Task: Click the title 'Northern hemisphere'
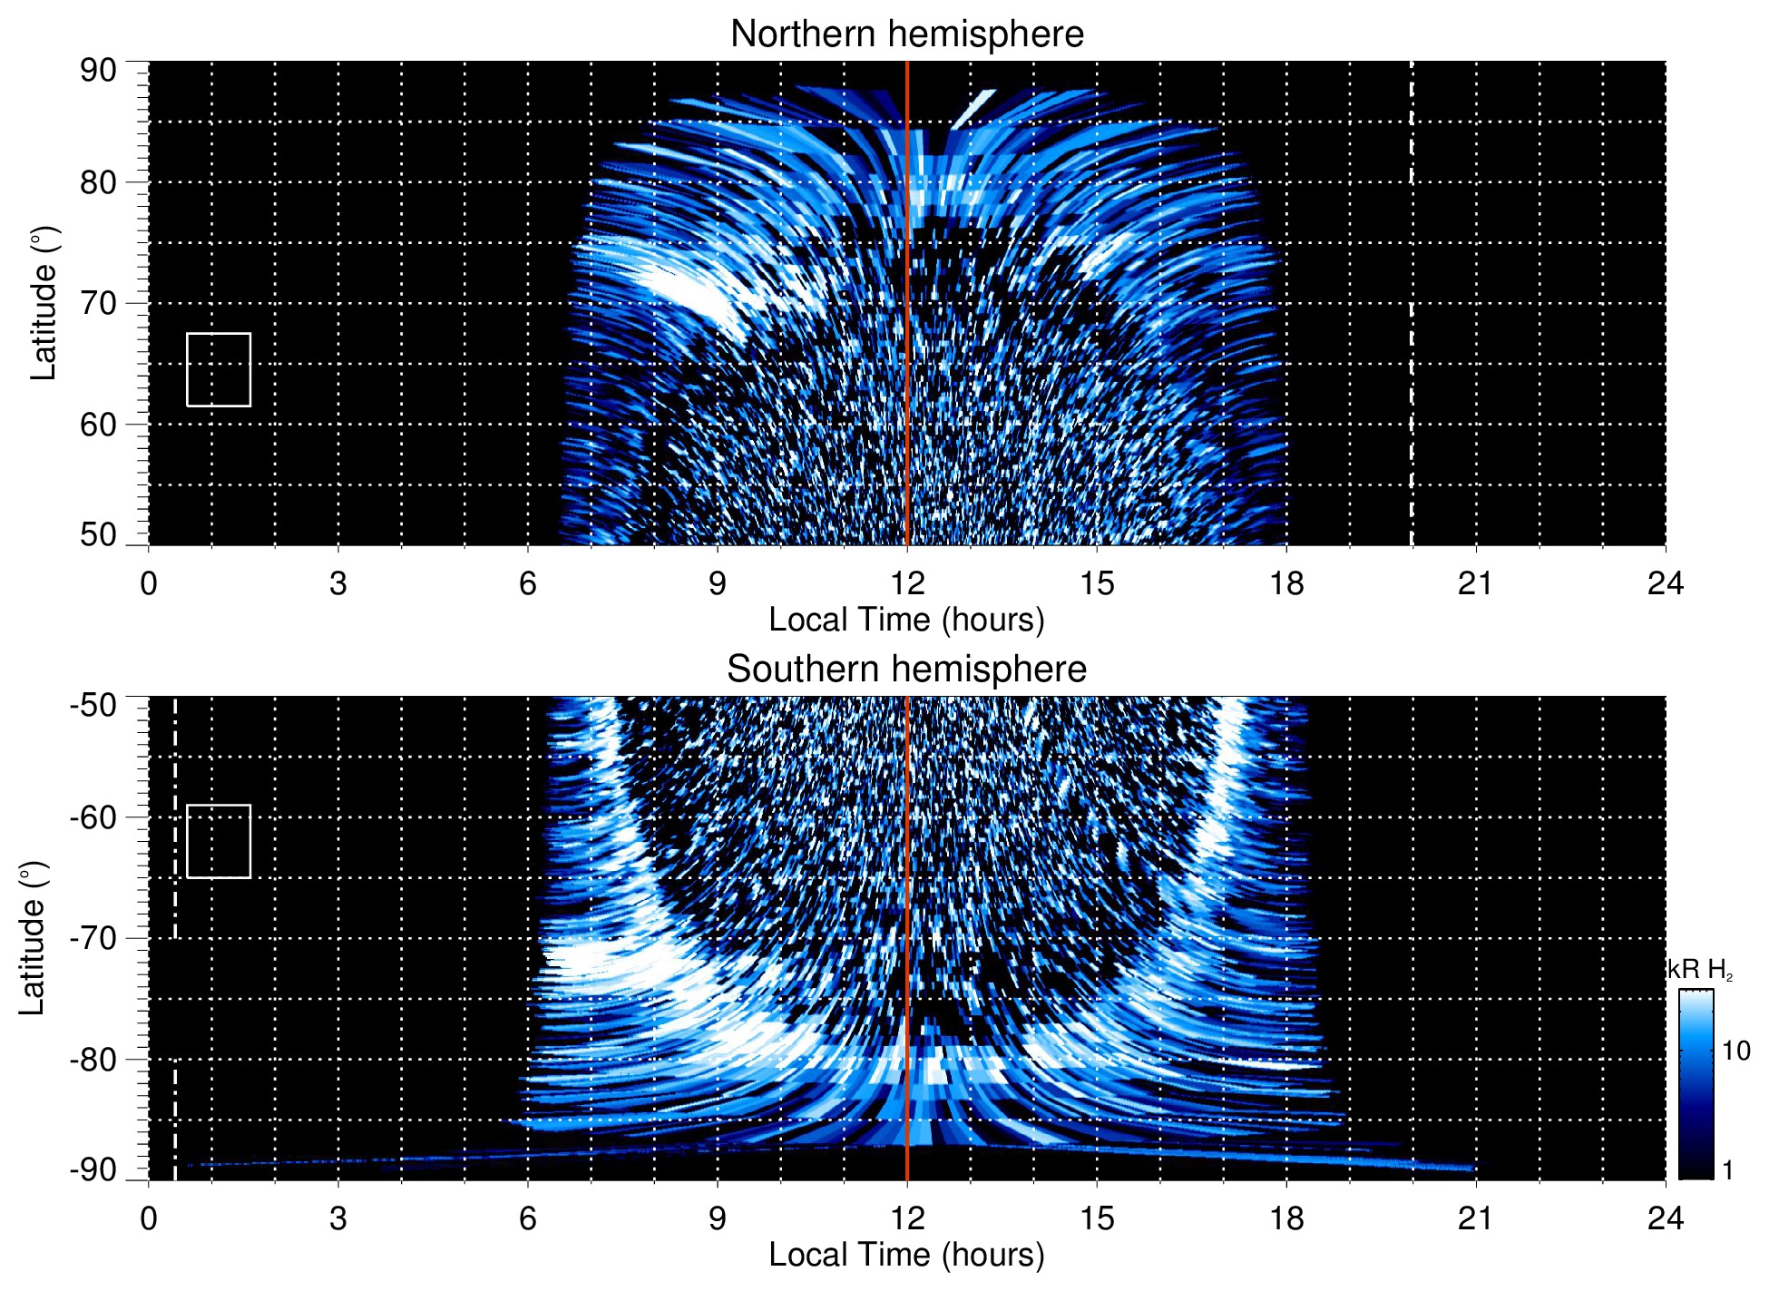tap(906, 34)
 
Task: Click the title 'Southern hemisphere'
tap(906, 670)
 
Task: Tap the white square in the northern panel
tap(219, 369)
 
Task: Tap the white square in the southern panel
tap(219, 841)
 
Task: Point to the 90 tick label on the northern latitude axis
tap(98, 70)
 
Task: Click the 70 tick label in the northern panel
tap(98, 303)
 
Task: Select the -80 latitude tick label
tap(93, 1059)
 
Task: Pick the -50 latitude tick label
tap(93, 705)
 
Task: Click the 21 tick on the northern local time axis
tap(1475, 582)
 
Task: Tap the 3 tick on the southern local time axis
tap(338, 1218)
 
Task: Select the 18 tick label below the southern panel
tap(1285, 1218)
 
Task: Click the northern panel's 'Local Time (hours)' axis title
tap(906, 620)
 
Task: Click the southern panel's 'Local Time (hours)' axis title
tap(906, 1255)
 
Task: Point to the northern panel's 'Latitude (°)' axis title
tap(44, 303)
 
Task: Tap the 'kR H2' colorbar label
tap(1700, 970)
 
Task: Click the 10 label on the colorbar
tap(1735, 1051)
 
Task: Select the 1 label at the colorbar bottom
tap(1727, 1170)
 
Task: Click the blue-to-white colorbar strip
tap(1696, 1084)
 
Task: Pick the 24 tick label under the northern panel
tap(1665, 582)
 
